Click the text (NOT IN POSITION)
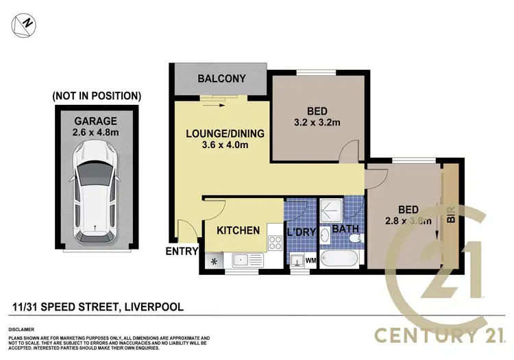coord(97,95)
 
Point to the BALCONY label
coord(221,79)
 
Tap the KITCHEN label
coord(238,230)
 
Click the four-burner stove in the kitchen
coord(276,243)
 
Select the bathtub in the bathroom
coord(339,260)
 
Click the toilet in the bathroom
coord(354,237)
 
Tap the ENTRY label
coord(180,252)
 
